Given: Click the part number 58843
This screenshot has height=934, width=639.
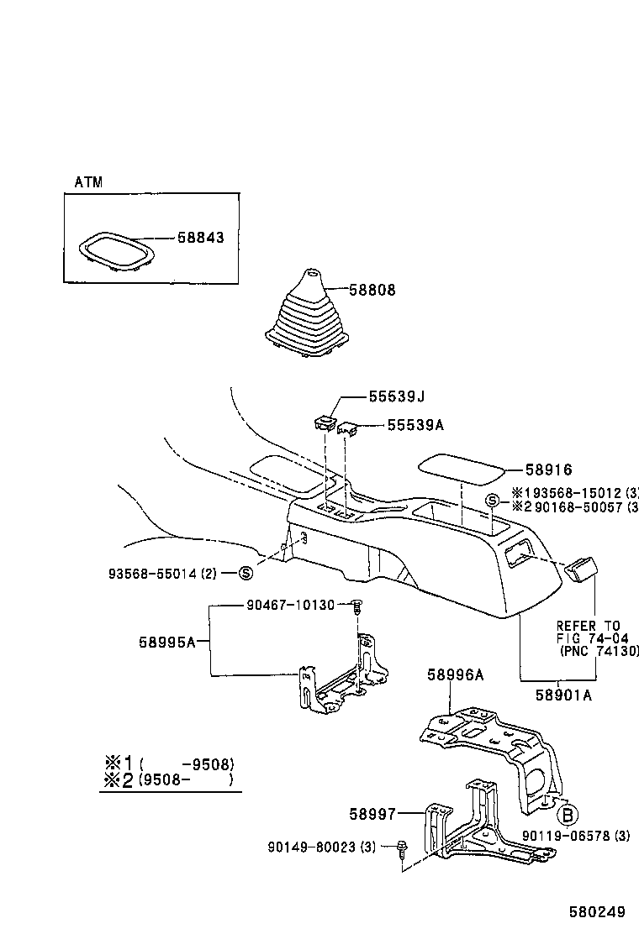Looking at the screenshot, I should tap(200, 238).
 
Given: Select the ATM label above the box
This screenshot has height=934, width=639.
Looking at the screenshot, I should tap(88, 182).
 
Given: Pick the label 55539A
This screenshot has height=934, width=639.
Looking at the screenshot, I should tap(415, 425).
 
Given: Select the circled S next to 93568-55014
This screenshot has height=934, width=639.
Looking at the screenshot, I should tap(246, 574).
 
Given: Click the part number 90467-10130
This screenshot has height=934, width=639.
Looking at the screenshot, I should tap(291, 605).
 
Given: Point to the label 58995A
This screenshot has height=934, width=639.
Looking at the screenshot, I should tap(167, 643).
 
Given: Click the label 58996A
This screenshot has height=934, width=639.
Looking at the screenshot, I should tap(456, 674).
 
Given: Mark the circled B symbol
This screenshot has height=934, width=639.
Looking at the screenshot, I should tap(568, 815).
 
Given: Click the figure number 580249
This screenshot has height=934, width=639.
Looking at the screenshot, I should tap(598, 911).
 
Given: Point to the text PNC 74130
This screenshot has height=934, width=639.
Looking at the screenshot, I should tap(599, 651).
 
